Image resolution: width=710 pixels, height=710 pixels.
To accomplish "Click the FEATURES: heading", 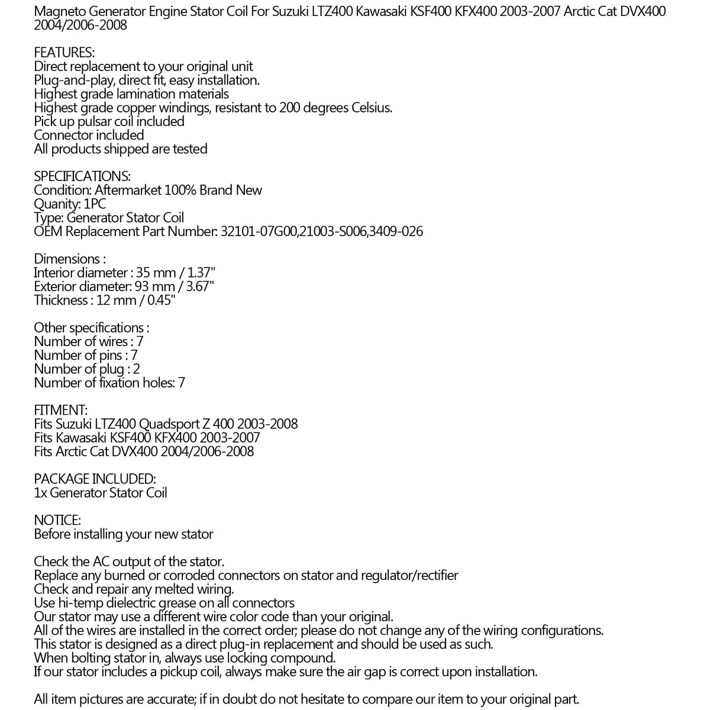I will point(64,53).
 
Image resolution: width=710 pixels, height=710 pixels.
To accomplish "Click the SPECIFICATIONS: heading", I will point(82,176).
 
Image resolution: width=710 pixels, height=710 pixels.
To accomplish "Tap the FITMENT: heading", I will point(61,410).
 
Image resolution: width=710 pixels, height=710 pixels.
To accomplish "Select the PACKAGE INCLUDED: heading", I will point(95,479).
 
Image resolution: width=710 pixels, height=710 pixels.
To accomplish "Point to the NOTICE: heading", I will point(57,520).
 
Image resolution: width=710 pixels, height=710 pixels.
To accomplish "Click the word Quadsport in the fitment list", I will point(168,424).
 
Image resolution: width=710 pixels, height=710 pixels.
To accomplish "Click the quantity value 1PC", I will point(95,204).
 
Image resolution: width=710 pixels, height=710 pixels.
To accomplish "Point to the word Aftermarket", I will point(130,190).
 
